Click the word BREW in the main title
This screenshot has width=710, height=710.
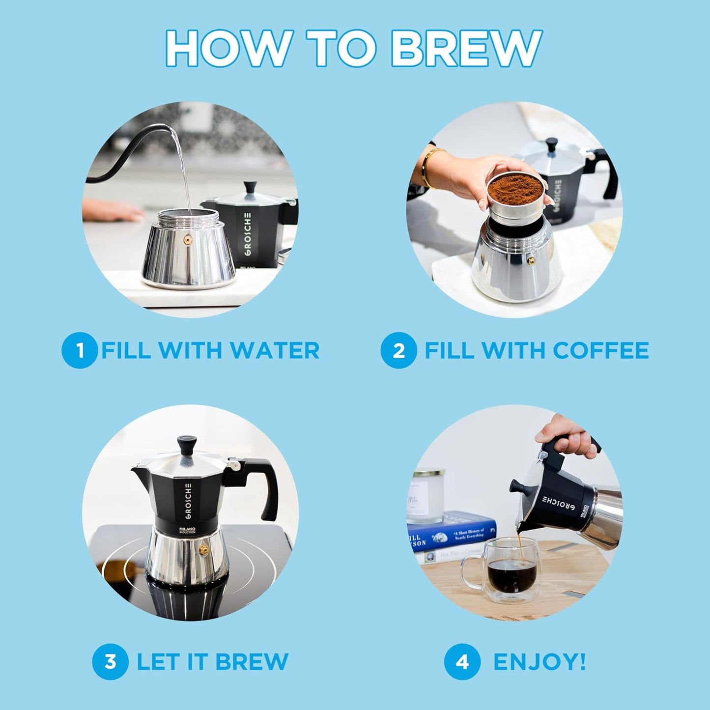coord(466,48)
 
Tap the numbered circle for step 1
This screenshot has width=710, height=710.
coord(79,351)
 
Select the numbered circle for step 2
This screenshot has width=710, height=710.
coord(398,351)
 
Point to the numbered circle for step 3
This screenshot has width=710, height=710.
coord(110,661)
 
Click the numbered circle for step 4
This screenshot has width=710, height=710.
coord(462,661)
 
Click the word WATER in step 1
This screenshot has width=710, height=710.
coord(275,351)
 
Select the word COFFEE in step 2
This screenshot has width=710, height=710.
coord(600,351)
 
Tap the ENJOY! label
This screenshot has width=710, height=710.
coord(539,661)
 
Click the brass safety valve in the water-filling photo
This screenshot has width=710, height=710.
coord(188,239)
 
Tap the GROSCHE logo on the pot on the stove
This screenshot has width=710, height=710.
coord(188,501)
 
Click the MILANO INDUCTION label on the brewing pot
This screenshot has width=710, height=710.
coord(187,530)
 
